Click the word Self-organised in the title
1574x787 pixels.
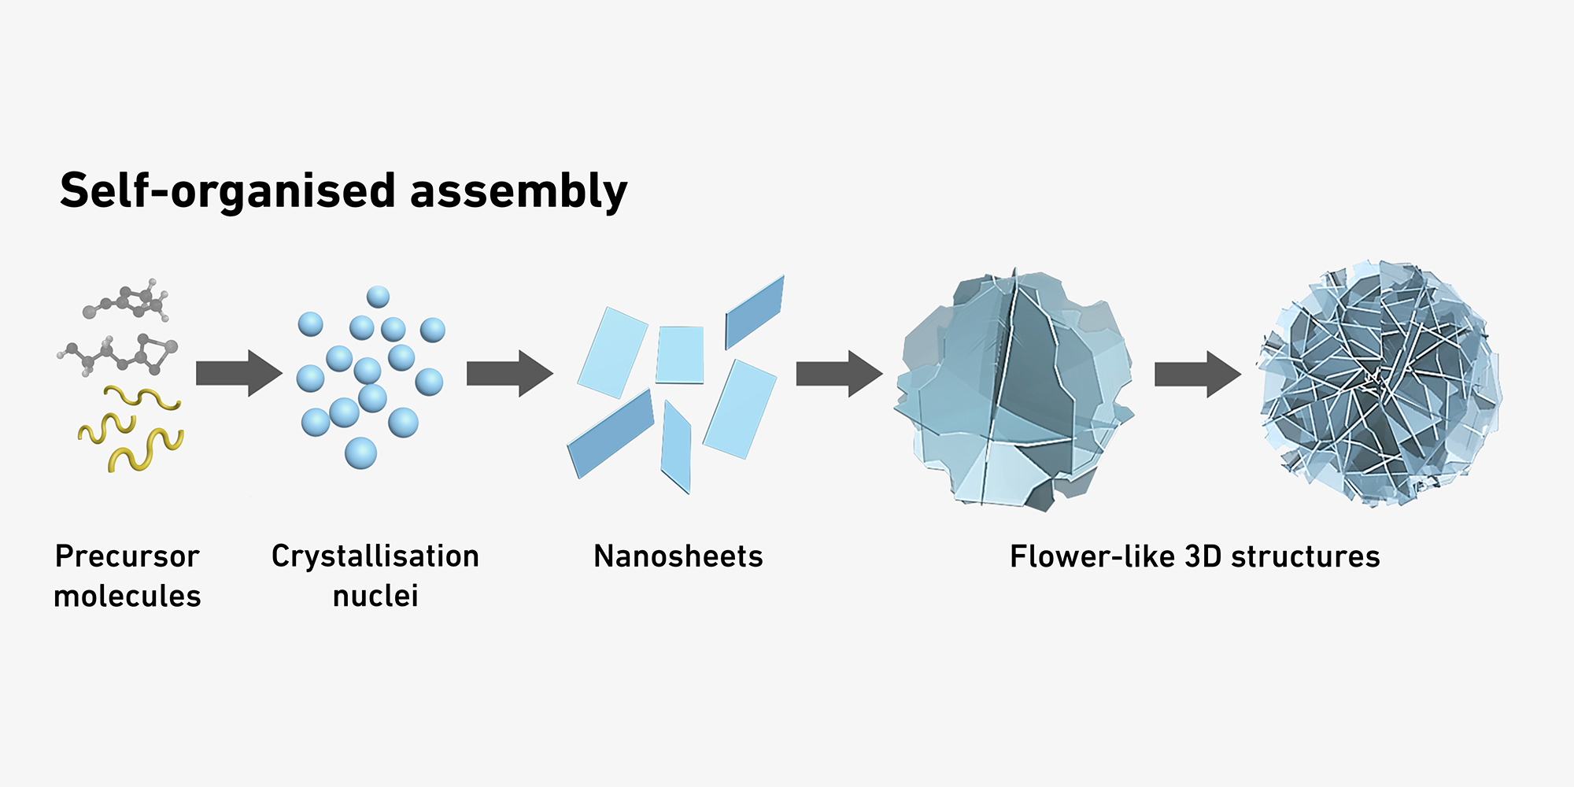(x=227, y=191)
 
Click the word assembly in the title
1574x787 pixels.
(x=519, y=191)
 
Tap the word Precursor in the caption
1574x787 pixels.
(x=127, y=556)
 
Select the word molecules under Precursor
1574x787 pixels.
(x=127, y=596)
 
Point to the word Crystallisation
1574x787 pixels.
(x=375, y=556)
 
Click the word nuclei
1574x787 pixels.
(x=375, y=596)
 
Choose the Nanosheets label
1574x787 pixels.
(x=678, y=556)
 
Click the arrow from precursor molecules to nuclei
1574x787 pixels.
(x=238, y=373)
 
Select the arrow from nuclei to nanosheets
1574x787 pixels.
(x=509, y=373)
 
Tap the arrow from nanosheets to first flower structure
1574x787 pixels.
(x=839, y=373)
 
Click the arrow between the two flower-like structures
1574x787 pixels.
(x=1197, y=374)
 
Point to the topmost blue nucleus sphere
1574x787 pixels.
(x=378, y=297)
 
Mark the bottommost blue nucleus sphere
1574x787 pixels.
(x=360, y=453)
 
